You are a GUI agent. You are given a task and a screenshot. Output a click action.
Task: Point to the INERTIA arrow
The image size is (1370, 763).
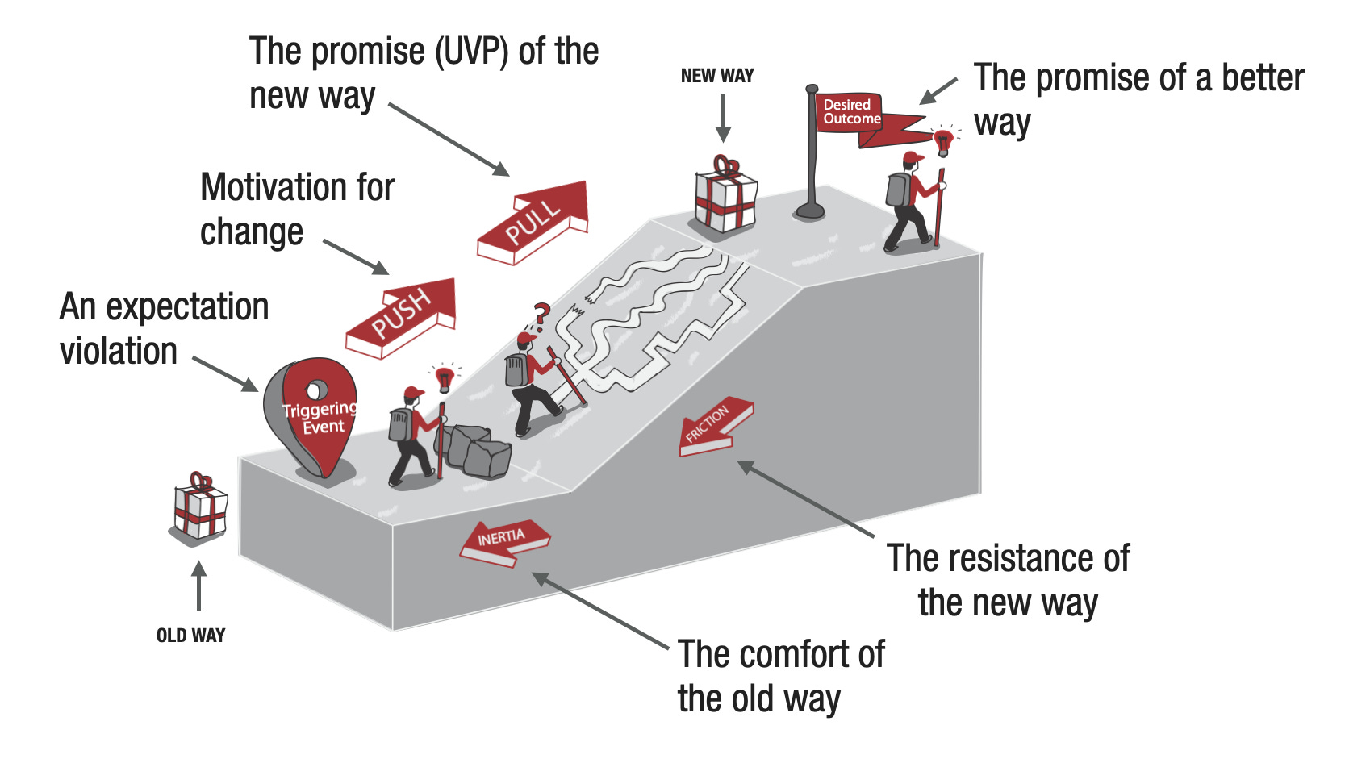point(503,540)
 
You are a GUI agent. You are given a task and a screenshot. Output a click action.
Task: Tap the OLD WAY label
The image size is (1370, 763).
point(190,636)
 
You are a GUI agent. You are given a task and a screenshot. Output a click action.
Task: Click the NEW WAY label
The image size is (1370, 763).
point(716,76)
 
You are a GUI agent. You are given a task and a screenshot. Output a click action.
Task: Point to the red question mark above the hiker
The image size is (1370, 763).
point(542,313)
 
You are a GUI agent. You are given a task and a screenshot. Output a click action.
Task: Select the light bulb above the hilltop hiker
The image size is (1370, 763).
point(942,142)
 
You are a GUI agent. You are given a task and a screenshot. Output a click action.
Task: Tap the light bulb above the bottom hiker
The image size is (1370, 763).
point(444,378)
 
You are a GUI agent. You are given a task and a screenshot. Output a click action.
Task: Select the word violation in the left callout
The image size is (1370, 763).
point(119,352)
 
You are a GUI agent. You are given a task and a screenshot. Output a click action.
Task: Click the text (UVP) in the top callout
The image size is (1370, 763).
point(471,52)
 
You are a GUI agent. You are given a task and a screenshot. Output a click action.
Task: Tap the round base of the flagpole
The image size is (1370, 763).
point(809,212)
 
